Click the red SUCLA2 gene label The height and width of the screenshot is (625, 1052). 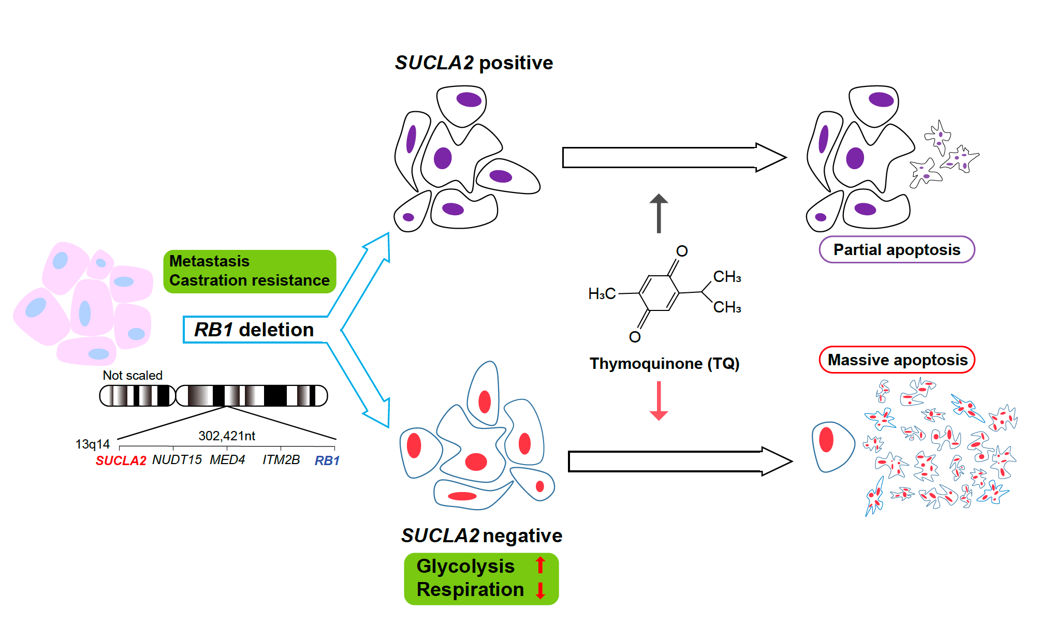[121, 460]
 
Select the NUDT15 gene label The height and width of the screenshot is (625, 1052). [177, 459]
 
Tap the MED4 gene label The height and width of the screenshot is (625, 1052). [227, 459]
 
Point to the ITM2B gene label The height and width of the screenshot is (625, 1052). [281, 459]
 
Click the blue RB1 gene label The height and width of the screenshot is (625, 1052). [327, 460]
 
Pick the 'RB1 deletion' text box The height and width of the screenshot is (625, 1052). [254, 330]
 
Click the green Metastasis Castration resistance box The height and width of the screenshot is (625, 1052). [250, 271]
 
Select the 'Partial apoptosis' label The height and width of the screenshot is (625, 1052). [897, 250]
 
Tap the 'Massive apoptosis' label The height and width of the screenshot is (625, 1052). [897, 360]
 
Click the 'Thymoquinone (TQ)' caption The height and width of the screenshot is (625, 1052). [664, 363]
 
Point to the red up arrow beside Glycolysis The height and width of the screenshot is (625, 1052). [540, 565]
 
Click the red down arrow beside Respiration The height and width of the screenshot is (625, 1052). [540, 590]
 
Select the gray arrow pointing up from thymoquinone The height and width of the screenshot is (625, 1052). [659, 213]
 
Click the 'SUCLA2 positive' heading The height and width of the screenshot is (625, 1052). [474, 63]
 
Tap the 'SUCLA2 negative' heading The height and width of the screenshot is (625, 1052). [481, 535]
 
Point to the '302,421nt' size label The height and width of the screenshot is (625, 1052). [227, 436]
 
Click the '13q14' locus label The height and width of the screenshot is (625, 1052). [93, 444]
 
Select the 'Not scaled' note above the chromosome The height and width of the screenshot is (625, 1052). [133, 375]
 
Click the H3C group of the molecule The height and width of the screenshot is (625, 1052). [602, 294]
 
